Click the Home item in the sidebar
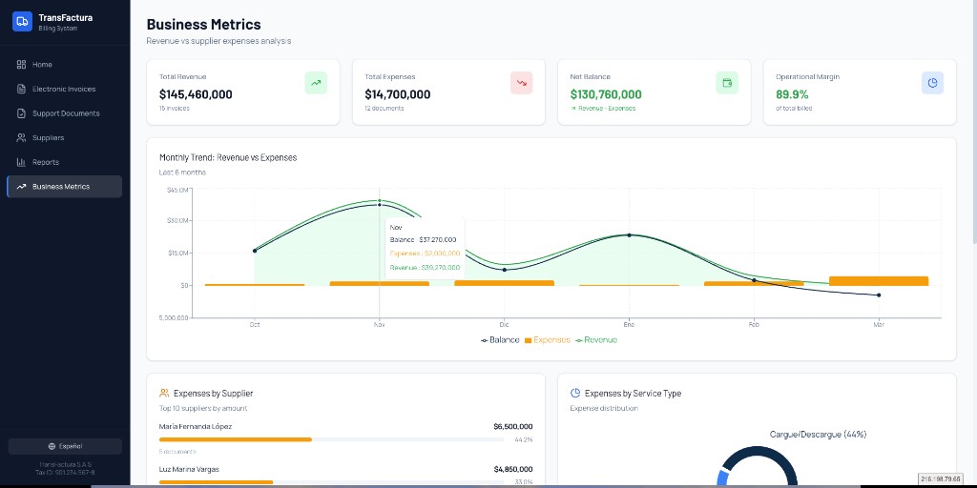(42, 65)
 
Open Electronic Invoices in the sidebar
(64, 89)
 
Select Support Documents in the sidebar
(66, 113)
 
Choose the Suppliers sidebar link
(48, 138)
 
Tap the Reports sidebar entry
(45, 162)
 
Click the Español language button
(65, 446)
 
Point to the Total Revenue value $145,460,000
(196, 94)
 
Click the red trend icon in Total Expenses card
(521, 83)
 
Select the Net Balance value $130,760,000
(606, 94)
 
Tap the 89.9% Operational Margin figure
(792, 94)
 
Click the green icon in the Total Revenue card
(316, 83)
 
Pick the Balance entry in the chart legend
(501, 340)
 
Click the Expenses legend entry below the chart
(548, 340)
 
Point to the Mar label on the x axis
(879, 325)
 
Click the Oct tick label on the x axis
(255, 325)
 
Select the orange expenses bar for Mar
(879, 281)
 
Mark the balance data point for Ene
(629, 234)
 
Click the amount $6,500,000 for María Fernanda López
(513, 426)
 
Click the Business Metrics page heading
(203, 25)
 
